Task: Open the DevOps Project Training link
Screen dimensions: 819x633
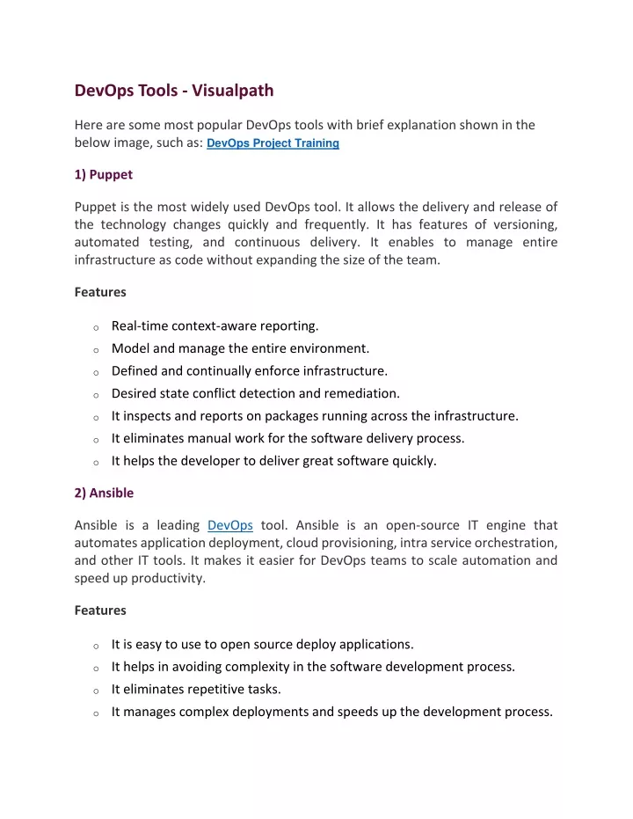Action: pos(273,143)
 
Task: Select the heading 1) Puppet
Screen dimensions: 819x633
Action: pos(104,174)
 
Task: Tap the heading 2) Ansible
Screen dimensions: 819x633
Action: pos(105,493)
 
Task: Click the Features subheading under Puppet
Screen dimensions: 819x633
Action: pos(100,291)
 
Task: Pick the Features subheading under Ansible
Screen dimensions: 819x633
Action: pos(100,610)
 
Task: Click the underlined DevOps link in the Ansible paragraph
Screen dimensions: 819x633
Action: pos(230,525)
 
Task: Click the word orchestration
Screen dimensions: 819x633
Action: pos(514,543)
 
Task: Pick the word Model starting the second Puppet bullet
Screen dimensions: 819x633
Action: pos(129,348)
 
